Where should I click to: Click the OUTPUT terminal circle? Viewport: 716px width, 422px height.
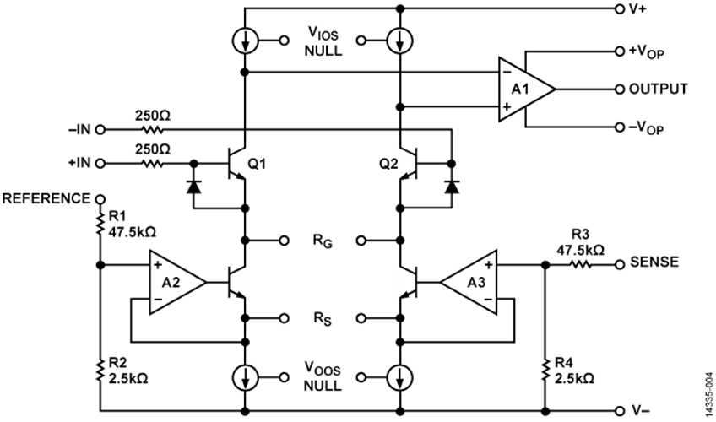pos(619,89)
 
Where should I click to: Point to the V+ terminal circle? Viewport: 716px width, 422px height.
pos(619,8)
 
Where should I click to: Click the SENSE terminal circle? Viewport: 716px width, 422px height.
pos(619,264)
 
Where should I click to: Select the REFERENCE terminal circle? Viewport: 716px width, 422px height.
pos(100,199)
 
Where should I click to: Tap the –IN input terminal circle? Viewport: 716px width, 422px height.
pos(100,130)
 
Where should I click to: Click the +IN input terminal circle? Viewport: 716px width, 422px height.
pos(100,163)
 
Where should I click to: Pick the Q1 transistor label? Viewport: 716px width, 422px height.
pos(257,164)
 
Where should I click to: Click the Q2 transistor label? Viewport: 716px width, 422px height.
pos(388,164)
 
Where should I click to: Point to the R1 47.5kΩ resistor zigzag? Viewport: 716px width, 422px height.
pos(100,224)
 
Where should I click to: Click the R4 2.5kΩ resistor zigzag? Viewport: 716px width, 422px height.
pos(545,370)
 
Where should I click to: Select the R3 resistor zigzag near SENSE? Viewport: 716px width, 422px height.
pos(580,264)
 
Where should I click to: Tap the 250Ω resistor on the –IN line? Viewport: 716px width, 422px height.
pos(153,130)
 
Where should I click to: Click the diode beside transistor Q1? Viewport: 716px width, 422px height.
pos(194,187)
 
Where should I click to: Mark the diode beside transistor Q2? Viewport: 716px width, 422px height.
pos(452,187)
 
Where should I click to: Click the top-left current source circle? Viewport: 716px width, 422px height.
pos(245,41)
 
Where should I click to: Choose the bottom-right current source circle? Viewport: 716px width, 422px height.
pos(400,378)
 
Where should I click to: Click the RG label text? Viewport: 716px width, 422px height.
pos(323,241)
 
